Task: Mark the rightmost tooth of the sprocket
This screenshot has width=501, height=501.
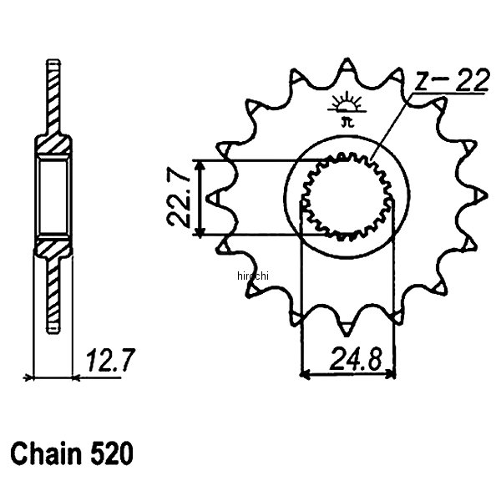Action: pos(482,194)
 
